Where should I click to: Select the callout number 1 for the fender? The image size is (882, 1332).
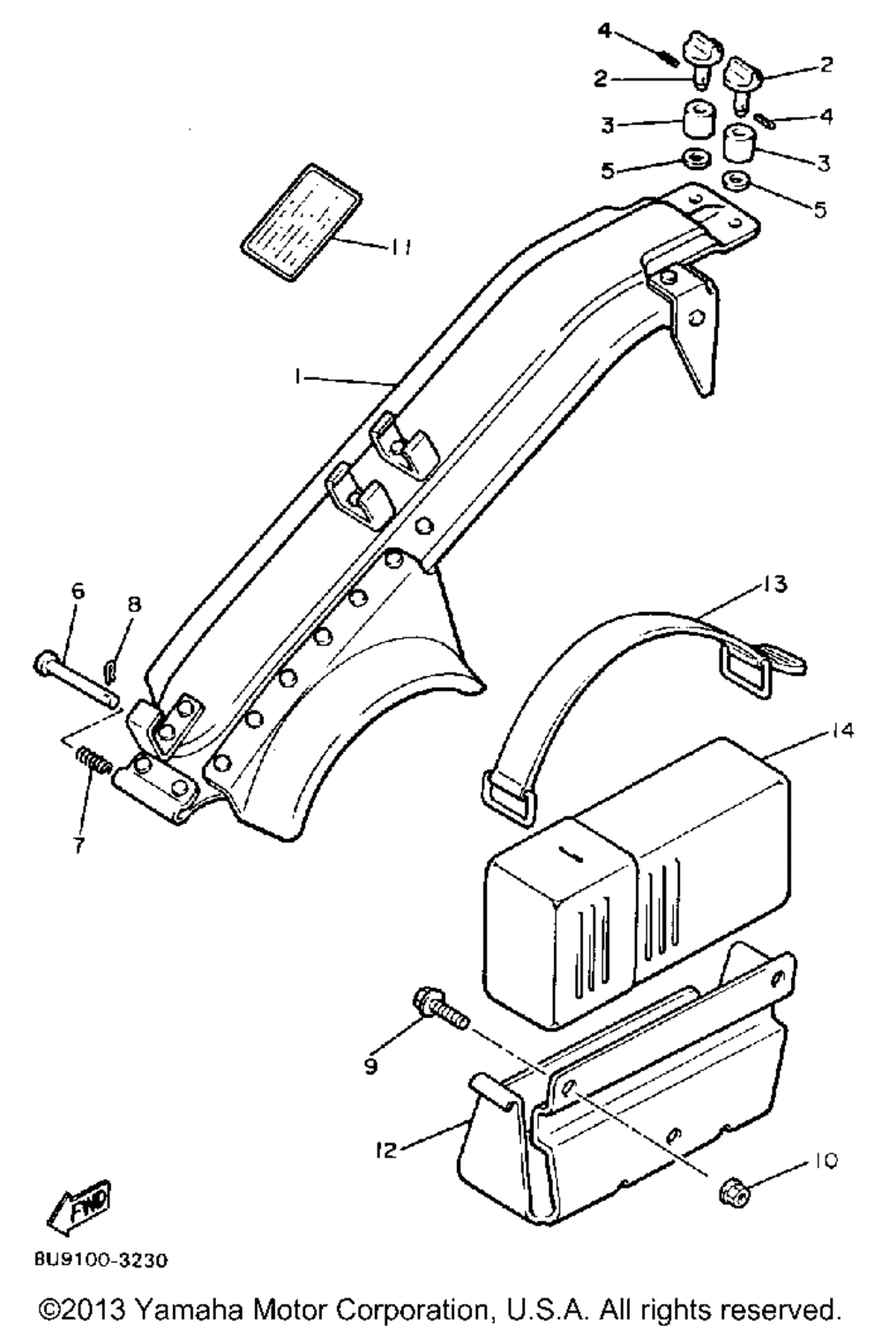click(x=300, y=376)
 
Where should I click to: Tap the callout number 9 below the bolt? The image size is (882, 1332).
click(x=370, y=1066)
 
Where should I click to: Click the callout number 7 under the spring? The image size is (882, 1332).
click(x=79, y=845)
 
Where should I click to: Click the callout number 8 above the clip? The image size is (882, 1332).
click(x=133, y=604)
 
